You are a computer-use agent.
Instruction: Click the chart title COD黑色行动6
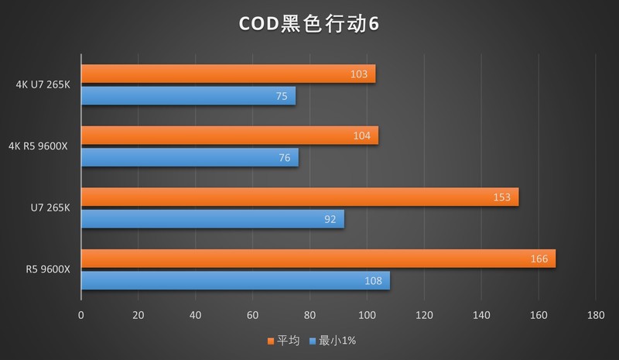point(308,24)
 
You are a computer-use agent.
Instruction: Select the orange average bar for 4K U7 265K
point(228,74)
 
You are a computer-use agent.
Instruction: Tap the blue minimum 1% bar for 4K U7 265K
point(188,96)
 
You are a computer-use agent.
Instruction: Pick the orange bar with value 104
point(230,135)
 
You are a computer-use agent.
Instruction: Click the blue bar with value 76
point(190,158)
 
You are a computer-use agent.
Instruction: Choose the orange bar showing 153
point(299,197)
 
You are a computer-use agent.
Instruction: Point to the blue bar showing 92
point(213,219)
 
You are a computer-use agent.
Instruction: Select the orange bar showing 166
point(318,259)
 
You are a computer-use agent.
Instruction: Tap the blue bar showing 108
point(235,280)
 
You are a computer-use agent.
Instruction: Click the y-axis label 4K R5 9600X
point(38,146)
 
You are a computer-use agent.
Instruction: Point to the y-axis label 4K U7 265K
point(42,84)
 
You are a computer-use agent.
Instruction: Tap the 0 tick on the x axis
point(81,315)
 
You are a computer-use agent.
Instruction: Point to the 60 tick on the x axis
point(252,315)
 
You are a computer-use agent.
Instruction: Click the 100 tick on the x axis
point(367,315)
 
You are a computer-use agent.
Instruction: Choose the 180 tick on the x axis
point(595,315)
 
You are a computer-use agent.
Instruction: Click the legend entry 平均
point(289,341)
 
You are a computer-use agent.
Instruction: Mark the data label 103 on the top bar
point(358,74)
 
